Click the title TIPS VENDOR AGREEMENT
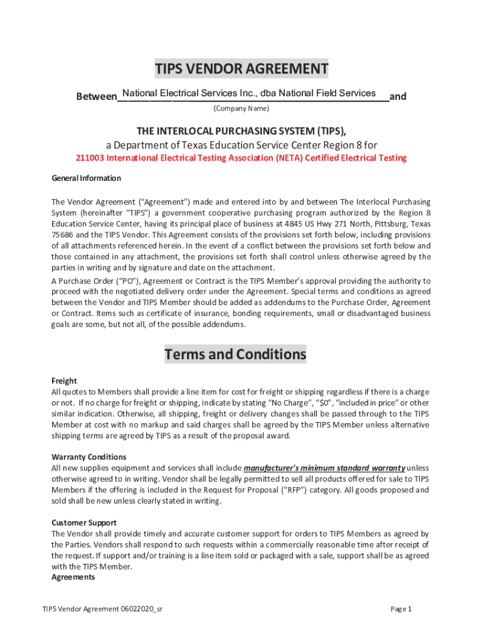click(242, 68)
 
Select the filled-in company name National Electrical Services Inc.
click(249, 93)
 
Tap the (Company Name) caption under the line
click(242, 109)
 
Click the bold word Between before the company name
click(96, 97)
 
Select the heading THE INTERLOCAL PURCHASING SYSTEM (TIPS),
click(242, 131)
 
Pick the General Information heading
click(86, 178)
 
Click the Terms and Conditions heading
click(235, 355)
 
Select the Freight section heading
click(64, 381)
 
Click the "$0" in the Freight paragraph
click(325, 403)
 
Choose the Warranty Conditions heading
click(88, 457)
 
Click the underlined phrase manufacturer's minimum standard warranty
click(324, 468)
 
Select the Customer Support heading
click(84, 522)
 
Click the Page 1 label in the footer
click(400, 609)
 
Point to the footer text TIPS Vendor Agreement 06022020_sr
click(103, 609)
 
